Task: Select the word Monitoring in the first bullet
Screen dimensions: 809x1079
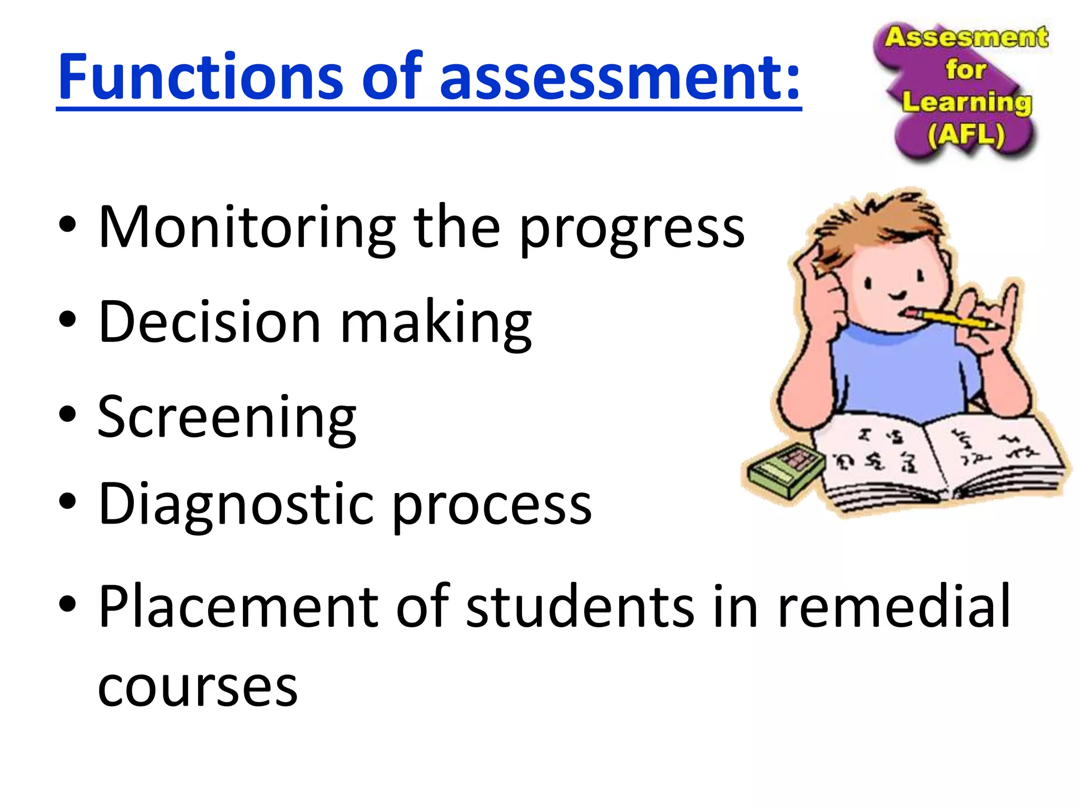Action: [x=247, y=228]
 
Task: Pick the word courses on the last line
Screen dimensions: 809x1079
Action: [x=198, y=687]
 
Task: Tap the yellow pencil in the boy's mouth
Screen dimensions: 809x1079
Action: [x=948, y=319]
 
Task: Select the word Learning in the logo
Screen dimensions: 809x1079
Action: [x=967, y=102]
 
